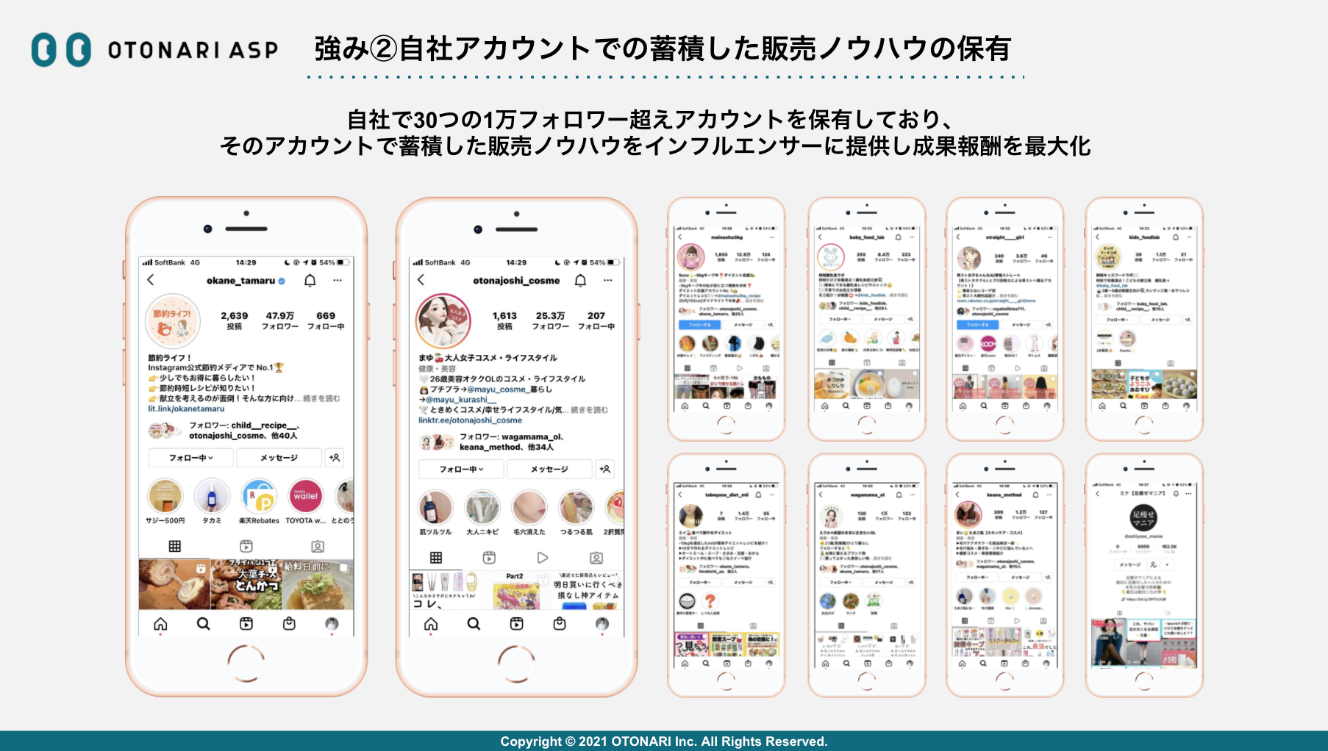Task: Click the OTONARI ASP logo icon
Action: (61, 50)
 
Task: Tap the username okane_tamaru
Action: (240, 281)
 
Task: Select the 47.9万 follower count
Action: (280, 316)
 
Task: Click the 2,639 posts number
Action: (235, 316)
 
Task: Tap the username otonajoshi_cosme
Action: (516, 281)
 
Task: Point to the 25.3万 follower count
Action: (550, 316)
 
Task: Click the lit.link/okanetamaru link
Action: (186, 409)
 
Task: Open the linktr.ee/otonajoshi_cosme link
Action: (470, 420)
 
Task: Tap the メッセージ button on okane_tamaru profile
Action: (279, 458)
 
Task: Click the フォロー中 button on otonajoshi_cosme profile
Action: (461, 469)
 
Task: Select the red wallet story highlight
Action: (306, 496)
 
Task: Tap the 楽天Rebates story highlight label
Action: (259, 521)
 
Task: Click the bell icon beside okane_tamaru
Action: (310, 281)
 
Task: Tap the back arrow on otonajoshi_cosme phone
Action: (421, 280)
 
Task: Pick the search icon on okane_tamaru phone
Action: (204, 624)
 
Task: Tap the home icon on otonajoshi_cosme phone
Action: (431, 624)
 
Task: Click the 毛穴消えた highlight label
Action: (529, 532)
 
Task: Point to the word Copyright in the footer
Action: (528, 741)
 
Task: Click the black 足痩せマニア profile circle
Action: (1143, 518)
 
